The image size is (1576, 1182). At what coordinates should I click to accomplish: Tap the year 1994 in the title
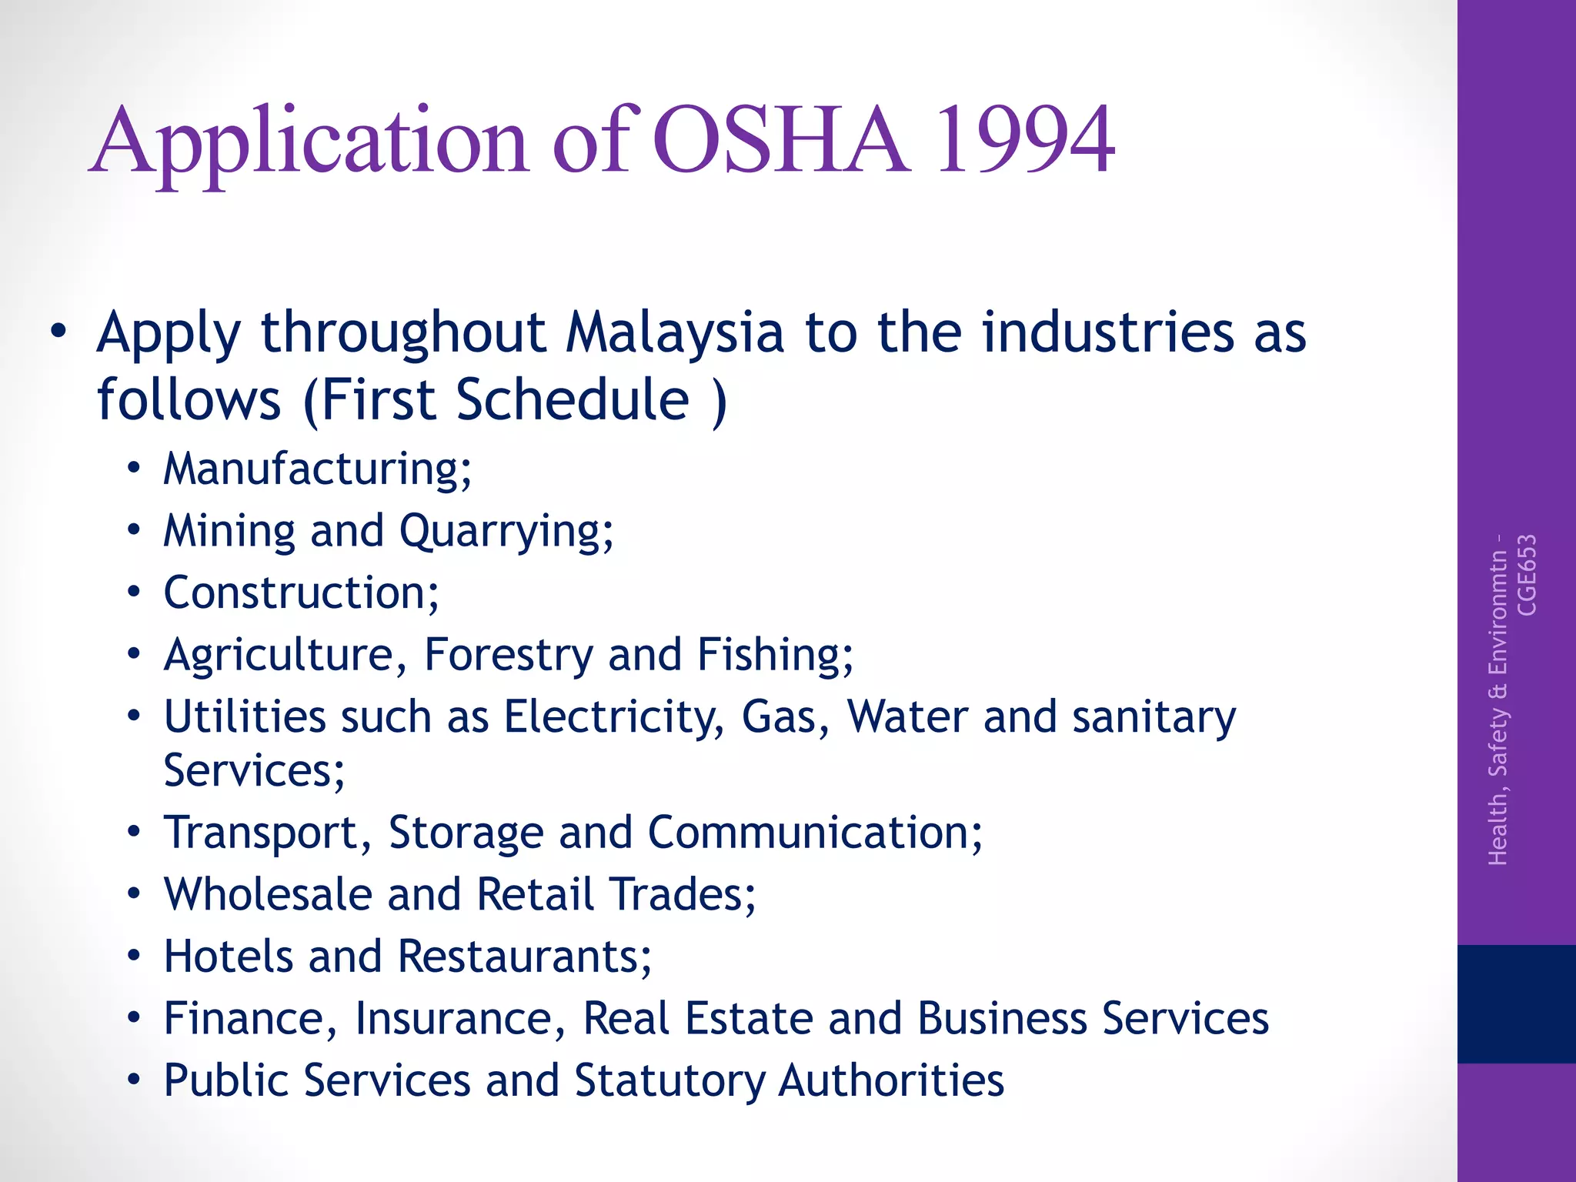[1023, 140]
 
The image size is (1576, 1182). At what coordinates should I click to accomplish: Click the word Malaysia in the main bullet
[675, 332]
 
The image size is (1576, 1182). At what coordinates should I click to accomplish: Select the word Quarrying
[506, 532]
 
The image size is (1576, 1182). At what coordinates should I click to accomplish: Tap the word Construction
[301, 593]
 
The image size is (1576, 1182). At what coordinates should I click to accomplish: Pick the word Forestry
[509, 656]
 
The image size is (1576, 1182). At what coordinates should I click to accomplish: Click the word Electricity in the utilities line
[614, 717]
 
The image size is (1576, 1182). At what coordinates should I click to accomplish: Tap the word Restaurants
[524, 957]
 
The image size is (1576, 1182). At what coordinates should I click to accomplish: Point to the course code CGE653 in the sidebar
[1526, 575]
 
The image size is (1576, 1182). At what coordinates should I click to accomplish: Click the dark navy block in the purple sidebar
[1516, 1003]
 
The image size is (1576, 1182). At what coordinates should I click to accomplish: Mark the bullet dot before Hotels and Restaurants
[135, 957]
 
